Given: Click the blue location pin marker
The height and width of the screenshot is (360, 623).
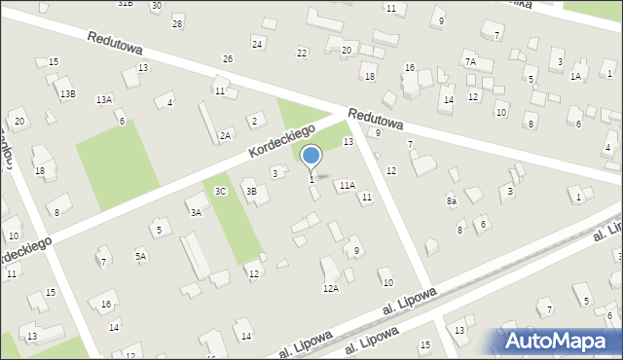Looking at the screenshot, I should tap(311, 157).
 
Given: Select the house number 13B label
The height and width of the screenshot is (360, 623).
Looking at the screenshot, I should tap(67, 93).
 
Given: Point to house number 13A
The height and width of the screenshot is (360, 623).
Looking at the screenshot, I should tap(103, 99).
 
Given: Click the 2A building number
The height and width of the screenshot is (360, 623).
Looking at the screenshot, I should tap(225, 136).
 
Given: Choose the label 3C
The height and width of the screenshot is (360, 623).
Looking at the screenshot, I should tap(221, 191).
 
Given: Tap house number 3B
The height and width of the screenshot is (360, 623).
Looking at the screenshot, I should tap(250, 191).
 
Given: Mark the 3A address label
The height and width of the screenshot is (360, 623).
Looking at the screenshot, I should tap(196, 211).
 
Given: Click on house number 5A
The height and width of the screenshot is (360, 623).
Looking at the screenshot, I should tap(140, 256).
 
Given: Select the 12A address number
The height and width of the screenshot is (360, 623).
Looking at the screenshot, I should tap(331, 288).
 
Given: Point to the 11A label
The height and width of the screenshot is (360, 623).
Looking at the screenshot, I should tap(347, 184).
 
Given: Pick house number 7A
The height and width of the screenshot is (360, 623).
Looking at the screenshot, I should tap(470, 61).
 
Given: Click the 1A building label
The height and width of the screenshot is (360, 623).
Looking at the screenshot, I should tap(575, 76).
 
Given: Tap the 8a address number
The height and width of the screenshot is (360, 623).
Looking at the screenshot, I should tap(452, 200).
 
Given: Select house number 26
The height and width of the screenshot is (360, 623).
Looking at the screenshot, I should tap(227, 58).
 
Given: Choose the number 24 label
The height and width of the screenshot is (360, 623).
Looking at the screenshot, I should tap(257, 44).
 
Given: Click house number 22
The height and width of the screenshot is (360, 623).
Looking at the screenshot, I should tap(302, 53).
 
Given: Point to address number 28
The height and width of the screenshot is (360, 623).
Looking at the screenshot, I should tap(176, 22).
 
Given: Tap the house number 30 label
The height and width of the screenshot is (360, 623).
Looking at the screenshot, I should tap(157, 5).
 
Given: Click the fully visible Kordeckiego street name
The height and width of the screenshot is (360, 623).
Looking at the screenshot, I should tap(281, 141).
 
